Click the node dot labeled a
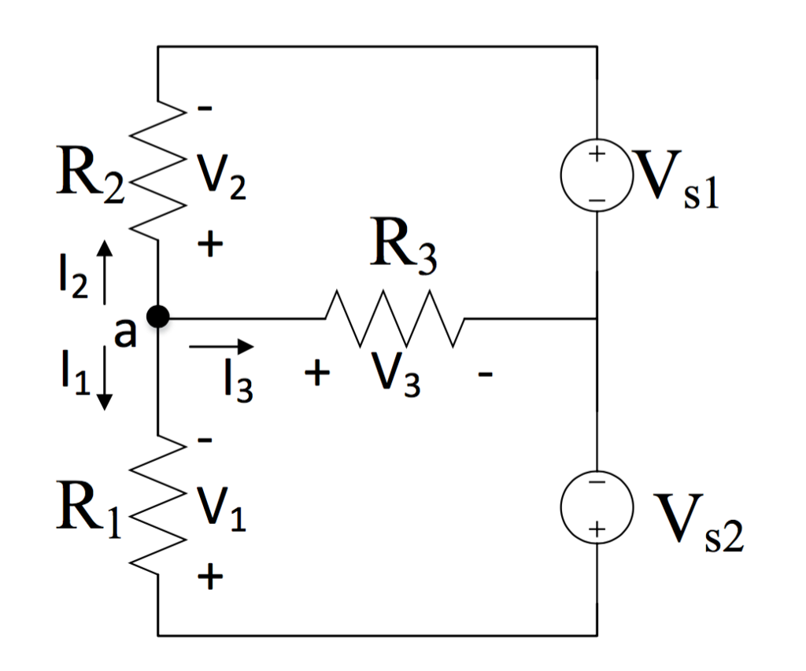point(158,317)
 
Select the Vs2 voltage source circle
point(597,507)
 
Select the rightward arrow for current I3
point(223,345)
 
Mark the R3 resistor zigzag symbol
point(394,319)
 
